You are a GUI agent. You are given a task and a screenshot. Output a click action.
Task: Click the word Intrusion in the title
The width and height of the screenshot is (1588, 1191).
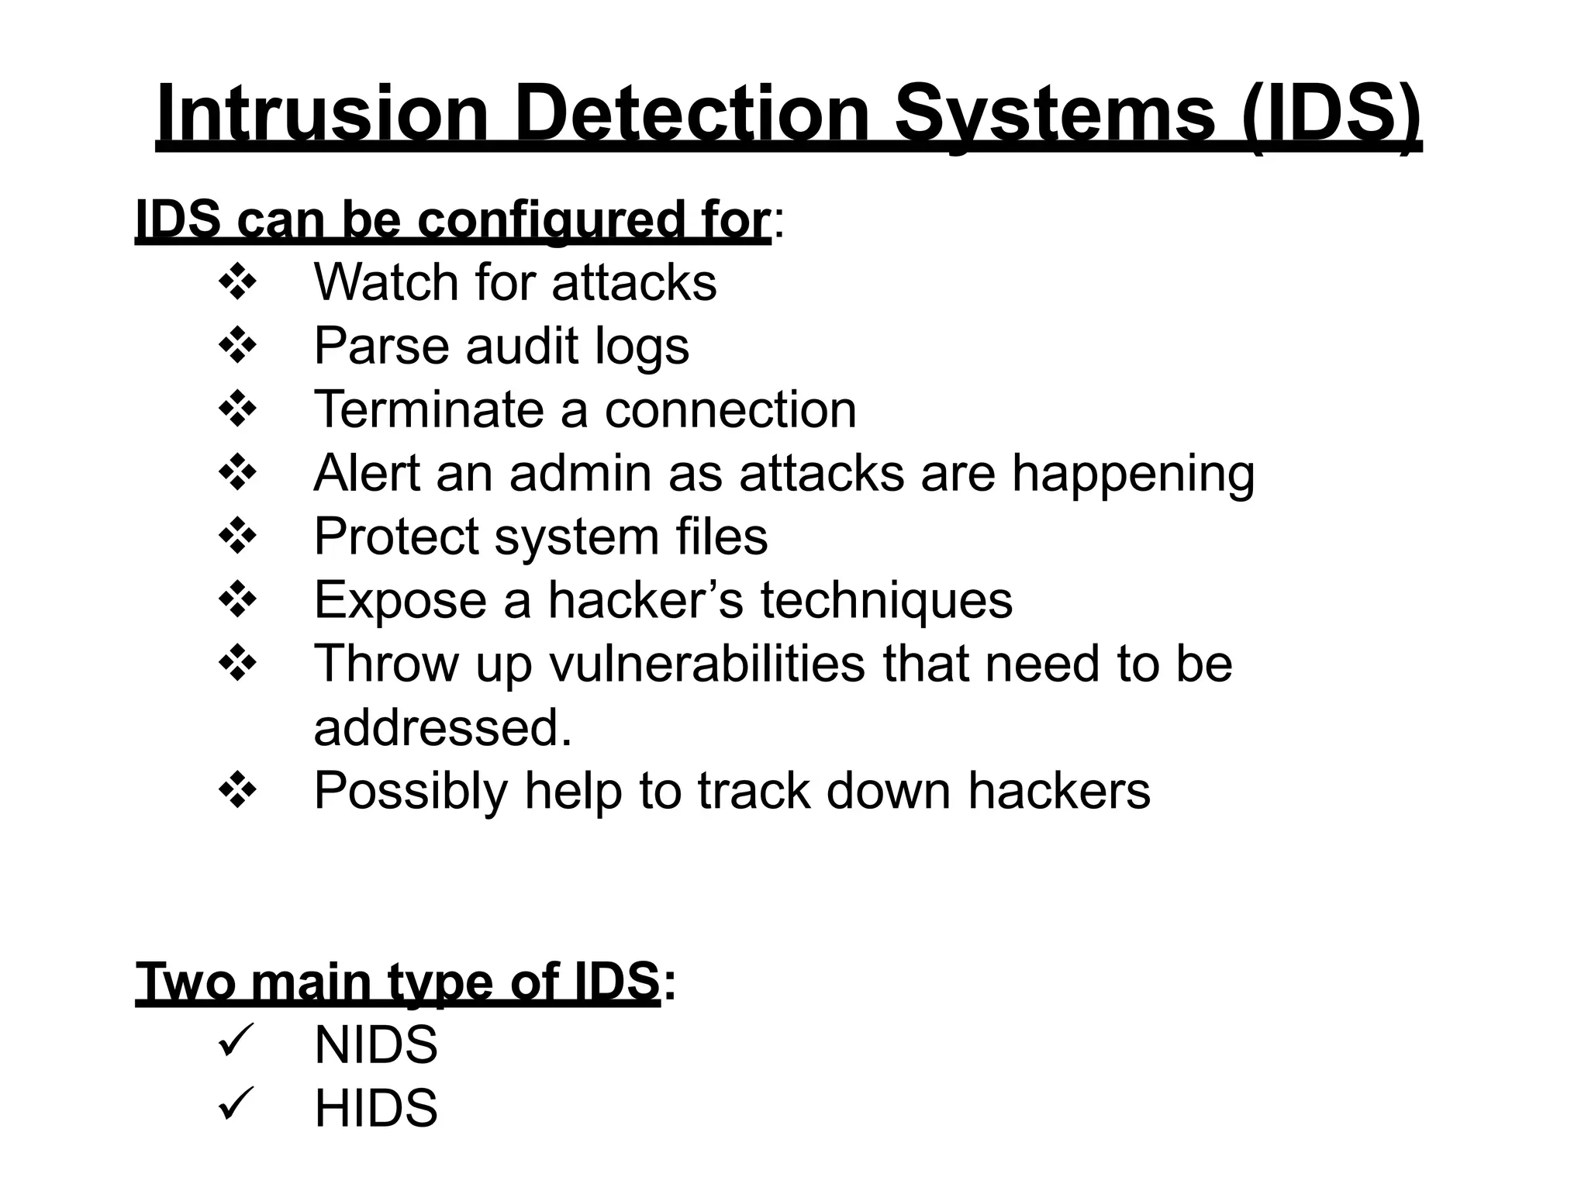[x=323, y=114]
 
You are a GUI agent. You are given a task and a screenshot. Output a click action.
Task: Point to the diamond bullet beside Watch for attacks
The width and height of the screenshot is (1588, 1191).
[x=237, y=282]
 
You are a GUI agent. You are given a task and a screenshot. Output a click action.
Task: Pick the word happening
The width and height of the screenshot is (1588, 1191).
[x=1133, y=475]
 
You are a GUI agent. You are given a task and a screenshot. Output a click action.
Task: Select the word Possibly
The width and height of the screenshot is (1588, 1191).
[x=410, y=792]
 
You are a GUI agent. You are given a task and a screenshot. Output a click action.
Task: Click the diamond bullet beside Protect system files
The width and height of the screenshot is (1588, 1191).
[x=237, y=537]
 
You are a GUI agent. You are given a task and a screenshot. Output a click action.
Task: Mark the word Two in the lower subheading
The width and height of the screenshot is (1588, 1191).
[x=185, y=982]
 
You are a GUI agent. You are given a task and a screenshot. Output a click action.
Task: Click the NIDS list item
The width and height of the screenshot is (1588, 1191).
[x=376, y=1045]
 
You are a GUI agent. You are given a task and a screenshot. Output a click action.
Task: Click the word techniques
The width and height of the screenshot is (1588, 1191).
[x=885, y=600]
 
